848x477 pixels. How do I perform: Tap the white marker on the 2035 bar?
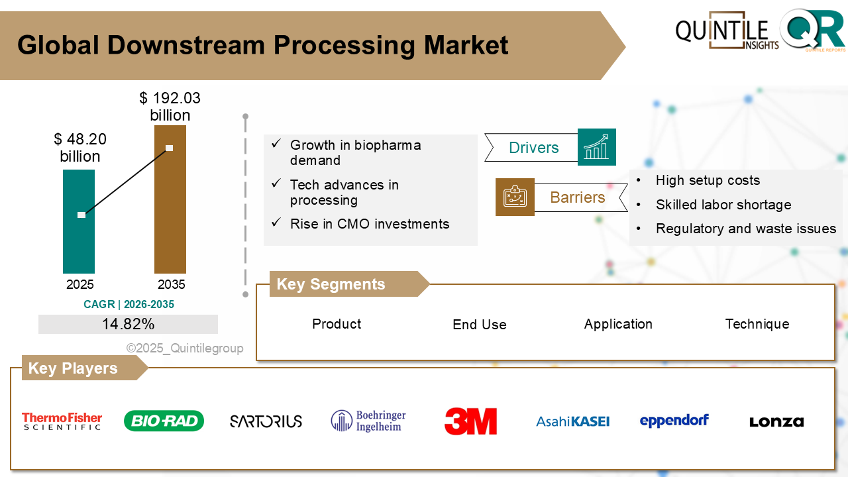[170, 148]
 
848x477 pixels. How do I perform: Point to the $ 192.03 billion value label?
[170, 107]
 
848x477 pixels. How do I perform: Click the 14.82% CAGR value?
[128, 324]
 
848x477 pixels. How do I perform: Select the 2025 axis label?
[80, 284]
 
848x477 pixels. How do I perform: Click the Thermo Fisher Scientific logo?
[62, 421]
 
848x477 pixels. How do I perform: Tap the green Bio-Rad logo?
[164, 421]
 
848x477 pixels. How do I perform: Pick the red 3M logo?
[470, 421]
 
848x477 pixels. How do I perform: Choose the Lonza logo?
[776, 421]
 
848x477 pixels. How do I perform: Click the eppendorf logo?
[674, 421]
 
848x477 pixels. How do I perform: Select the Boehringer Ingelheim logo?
[368, 421]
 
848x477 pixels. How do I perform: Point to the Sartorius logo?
[266, 421]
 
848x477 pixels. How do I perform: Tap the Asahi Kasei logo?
[572, 421]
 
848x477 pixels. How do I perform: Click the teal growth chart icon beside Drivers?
[597, 147]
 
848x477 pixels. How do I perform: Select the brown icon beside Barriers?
[515, 197]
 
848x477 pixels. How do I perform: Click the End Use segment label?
[480, 325]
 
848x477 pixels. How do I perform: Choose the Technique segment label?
[757, 324]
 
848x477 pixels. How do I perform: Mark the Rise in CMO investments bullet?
[370, 224]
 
